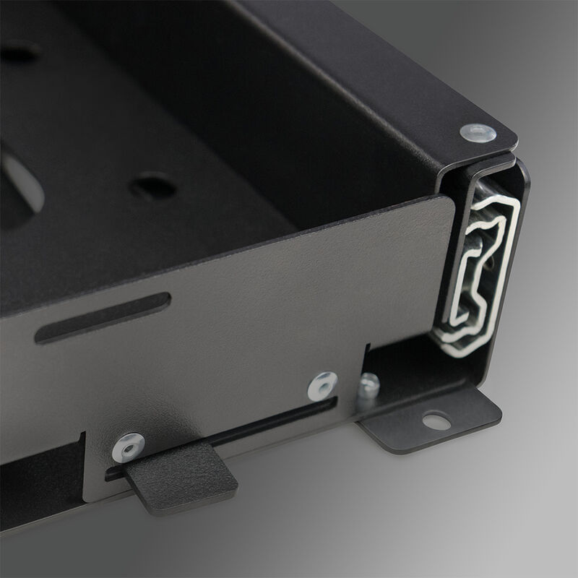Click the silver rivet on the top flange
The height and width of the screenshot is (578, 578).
click(x=478, y=132)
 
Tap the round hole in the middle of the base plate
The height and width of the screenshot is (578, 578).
click(x=153, y=186)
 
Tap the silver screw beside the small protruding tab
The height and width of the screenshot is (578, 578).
click(x=129, y=447)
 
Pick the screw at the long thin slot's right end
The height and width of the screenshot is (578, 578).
click(x=322, y=386)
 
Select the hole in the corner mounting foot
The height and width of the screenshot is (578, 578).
click(x=436, y=420)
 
